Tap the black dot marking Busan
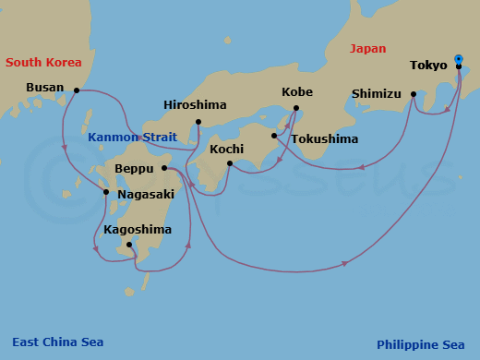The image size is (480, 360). [76, 90]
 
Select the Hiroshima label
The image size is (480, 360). [195, 104]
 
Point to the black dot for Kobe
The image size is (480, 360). [296, 109]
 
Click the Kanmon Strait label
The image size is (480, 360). [132, 138]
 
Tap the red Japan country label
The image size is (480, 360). [368, 49]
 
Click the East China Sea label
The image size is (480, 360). [57, 342]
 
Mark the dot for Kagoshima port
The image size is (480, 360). [129, 245]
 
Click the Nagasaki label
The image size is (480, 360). [146, 194]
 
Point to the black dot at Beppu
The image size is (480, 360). [163, 168]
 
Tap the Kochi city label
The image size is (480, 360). [227, 149]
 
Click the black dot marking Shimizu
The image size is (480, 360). [413, 94]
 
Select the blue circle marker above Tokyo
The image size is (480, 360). [459, 58]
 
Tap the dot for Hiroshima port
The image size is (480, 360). [198, 121]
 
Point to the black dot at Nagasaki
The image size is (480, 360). [107, 192]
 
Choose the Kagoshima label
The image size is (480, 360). [138, 229]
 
